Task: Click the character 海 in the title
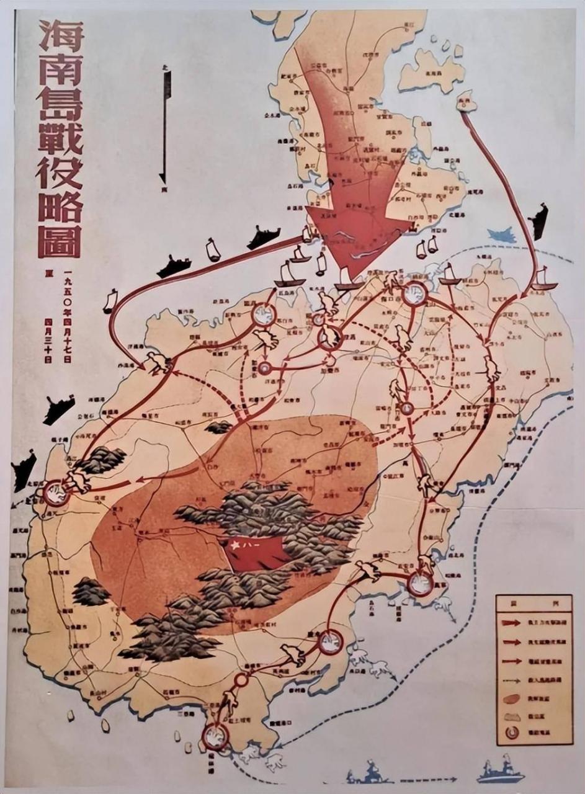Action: point(60,38)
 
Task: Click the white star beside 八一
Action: point(235,546)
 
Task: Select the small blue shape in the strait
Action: point(501,235)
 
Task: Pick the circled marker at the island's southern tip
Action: point(215,736)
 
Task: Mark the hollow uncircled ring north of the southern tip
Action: point(241,680)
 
